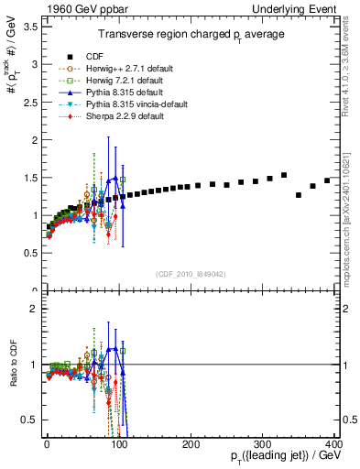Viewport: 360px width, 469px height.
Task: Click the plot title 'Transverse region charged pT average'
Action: (x=191, y=34)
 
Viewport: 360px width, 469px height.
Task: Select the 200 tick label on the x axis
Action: (x=191, y=442)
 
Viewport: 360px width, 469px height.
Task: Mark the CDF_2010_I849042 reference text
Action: (x=191, y=274)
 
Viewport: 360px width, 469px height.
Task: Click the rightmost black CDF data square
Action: (x=327, y=180)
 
